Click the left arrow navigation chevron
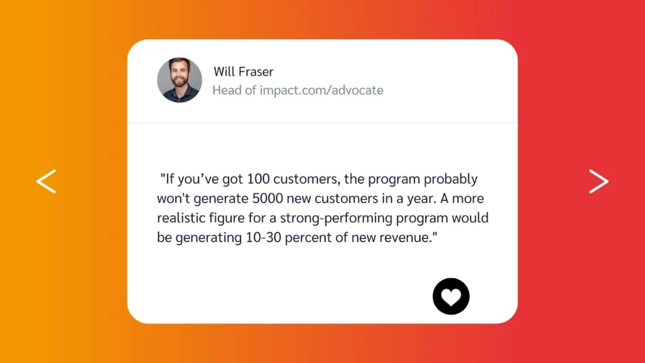point(46,181)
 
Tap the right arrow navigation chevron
point(598,181)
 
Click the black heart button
point(451,296)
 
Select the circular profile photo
point(180,80)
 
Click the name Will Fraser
point(243,72)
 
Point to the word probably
point(451,180)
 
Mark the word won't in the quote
point(173,199)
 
